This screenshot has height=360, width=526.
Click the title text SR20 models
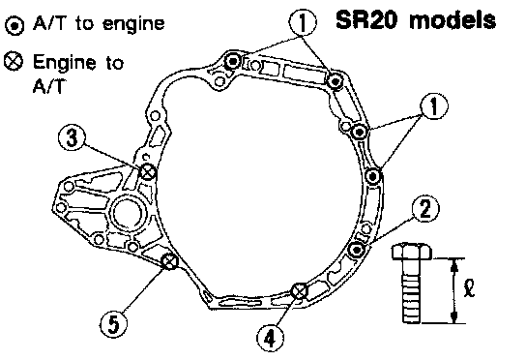click(416, 19)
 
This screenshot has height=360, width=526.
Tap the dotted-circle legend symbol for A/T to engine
click(15, 26)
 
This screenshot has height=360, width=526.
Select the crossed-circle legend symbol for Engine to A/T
click(14, 62)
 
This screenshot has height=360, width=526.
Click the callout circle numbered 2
click(425, 209)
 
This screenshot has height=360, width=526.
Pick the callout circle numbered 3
click(72, 137)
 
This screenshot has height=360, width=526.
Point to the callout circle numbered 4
click(271, 338)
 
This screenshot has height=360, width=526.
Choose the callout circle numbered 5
click(114, 324)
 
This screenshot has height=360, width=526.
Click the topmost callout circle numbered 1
click(303, 22)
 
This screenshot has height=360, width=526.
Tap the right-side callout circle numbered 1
click(434, 106)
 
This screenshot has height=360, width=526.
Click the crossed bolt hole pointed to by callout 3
click(148, 172)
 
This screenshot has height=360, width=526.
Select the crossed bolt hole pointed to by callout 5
click(170, 261)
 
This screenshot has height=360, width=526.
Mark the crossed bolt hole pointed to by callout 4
click(299, 291)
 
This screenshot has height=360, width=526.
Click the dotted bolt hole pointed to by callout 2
click(356, 250)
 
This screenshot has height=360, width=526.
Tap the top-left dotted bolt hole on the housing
click(232, 62)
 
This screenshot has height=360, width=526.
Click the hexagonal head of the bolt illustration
click(412, 252)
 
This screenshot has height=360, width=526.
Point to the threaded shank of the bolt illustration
click(411, 291)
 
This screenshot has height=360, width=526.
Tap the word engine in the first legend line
click(133, 24)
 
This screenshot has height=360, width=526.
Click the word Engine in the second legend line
click(65, 63)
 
